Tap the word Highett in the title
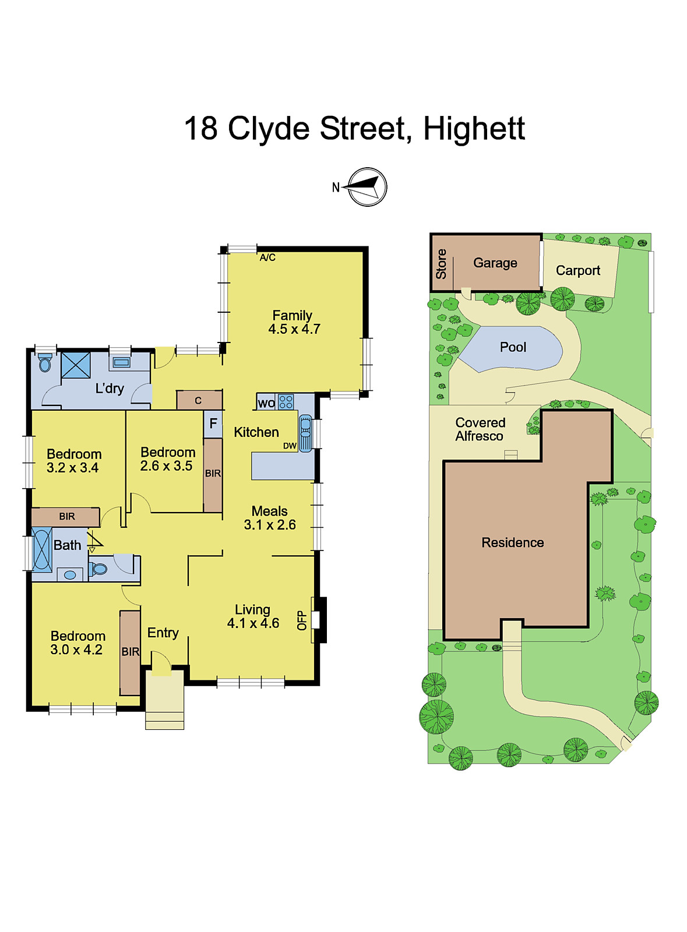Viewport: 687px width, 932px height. (x=474, y=129)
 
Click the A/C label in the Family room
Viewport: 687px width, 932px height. (x=267, y=257)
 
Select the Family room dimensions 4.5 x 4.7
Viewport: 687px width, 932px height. (x=294, y=329)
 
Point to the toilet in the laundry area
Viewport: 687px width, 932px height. (x=45, y=363)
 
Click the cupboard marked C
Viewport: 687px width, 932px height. (x=199, y=400)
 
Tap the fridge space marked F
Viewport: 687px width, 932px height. (x=213, y=423)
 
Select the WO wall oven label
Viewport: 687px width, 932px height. (x=266, y=403)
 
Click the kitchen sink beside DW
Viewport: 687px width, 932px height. (x=305, y=433)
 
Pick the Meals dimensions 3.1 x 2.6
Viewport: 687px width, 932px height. (x=270, y=525)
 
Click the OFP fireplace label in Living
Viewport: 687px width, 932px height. (x=302, y=620)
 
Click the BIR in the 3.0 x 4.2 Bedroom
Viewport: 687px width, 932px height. (x=131, y=652)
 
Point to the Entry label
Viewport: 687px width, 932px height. (x=163, y=633)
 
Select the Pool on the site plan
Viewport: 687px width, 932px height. (x=512, y=348)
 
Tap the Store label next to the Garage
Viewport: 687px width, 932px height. (x=441, y=263)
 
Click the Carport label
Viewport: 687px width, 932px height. (x=577, y=270)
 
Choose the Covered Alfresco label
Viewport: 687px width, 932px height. (x=480, y=429)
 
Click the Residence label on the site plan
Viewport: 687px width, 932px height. (x=513, y=543)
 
